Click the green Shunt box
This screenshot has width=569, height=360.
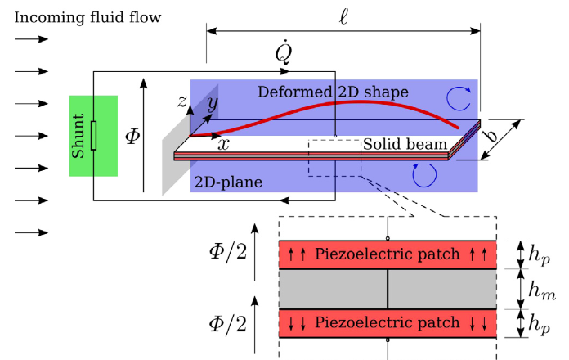94,135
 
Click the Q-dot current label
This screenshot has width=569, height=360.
284,53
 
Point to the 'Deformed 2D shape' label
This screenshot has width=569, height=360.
333,91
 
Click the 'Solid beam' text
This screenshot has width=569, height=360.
405,144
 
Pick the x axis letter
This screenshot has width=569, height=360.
222,143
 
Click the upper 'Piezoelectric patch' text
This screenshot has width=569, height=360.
388,254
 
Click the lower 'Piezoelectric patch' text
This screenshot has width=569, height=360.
388,323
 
